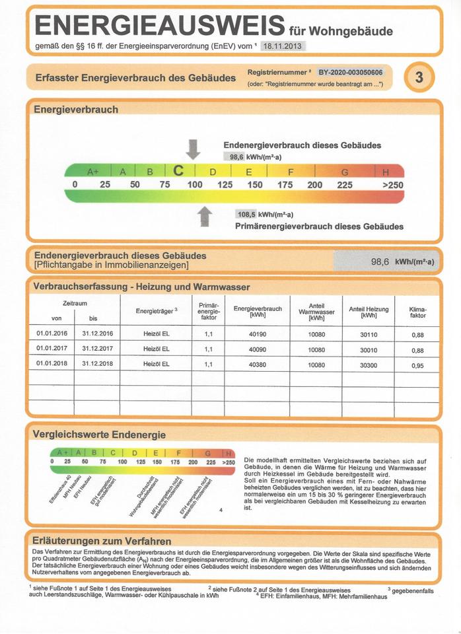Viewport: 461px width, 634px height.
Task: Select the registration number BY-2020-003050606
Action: pyautogui.click(x=355, y=72)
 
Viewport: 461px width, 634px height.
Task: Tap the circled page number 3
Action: pyautogui.click(x=419, y=77)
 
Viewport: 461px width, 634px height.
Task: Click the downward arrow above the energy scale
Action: pyautogui.click(x=193, y=149)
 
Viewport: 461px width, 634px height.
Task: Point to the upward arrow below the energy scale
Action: pyautogui.click(x=205, y=216)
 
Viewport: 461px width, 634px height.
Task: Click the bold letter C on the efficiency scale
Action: pyautogui.click(x=178, y=171)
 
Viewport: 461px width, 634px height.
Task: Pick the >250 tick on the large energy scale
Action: pyautogui.click(x=392, y=185)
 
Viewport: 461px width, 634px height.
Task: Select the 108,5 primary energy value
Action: pyautogui.click(x=246, y=214)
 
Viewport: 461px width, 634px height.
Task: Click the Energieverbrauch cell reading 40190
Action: pyautogui.click(x=257, y=334)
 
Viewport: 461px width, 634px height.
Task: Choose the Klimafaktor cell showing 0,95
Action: pyautogui.click(x=417, y=365)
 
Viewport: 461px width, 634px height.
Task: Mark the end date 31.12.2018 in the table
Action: pyautogui.click(x=97, y=364)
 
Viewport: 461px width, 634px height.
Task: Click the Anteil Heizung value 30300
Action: pyautogui.click(x=368, y=365)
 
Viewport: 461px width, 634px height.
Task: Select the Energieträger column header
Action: pyautogui.click(x=157, y=310)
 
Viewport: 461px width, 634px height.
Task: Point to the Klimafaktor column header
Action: pyautogui.click(x=418, y=312)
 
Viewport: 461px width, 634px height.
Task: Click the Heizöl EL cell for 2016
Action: pyautogui.click(x=157, y=334)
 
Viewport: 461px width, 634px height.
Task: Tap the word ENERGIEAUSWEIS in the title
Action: pyautogui.click(x=159, y=26)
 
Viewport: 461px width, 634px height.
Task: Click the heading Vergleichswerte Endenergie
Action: pyautogui.click(x=99, y=434)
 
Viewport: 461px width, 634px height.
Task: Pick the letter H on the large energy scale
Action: pyautogui.click(x=386, y=172)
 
